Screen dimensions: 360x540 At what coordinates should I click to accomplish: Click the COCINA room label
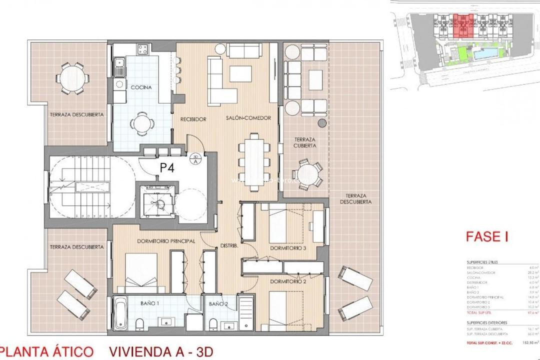pyautogui.click(x=141, y=87)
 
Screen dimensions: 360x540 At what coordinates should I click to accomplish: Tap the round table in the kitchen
pyautogui.click(x=141, y=122)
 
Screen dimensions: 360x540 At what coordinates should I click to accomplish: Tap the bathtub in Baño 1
pyautogui.click(x=120, y=313)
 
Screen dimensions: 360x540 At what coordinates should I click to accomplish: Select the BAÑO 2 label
pyautogui.click(x=218, y=303)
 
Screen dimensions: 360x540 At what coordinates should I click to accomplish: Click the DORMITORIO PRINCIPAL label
pyautogui.click(x=159, y=241)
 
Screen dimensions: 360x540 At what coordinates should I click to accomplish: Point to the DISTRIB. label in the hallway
pyautogui.click(x=228, y=246)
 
